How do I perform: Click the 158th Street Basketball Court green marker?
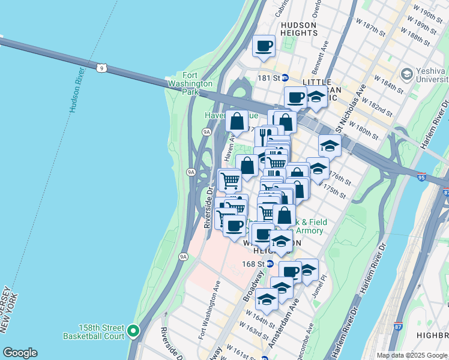pos(133,329)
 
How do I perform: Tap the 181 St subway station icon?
pos(286,78)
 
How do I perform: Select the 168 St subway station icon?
pos(270,264)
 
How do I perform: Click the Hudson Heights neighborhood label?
pos(298,30)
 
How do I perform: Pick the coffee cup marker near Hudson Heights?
pos(264,46)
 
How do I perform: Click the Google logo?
pos(20,353)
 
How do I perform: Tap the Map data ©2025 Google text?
pos(411,355)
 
